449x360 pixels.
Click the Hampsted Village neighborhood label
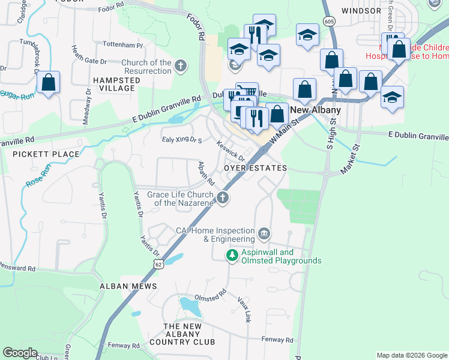coord(113,83)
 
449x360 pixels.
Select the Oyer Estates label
coord(255,168)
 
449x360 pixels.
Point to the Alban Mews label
coord(123,286)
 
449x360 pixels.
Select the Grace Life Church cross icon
coord(223,197)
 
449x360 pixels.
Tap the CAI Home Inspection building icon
coord(264,233)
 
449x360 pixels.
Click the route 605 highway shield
coord(328,21)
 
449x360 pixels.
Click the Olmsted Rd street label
coord(210,295)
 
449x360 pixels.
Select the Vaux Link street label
coord(243,308)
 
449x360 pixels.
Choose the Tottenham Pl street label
coord(122,46)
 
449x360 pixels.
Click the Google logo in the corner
coord(20,353)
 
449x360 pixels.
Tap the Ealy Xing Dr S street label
coord(182,140)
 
